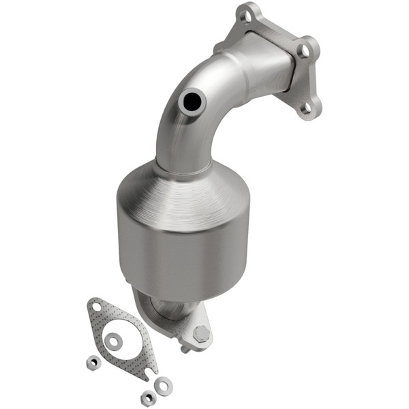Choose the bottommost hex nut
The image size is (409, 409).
145,397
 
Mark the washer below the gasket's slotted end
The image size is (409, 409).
163,386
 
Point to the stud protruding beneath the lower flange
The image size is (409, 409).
185,349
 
